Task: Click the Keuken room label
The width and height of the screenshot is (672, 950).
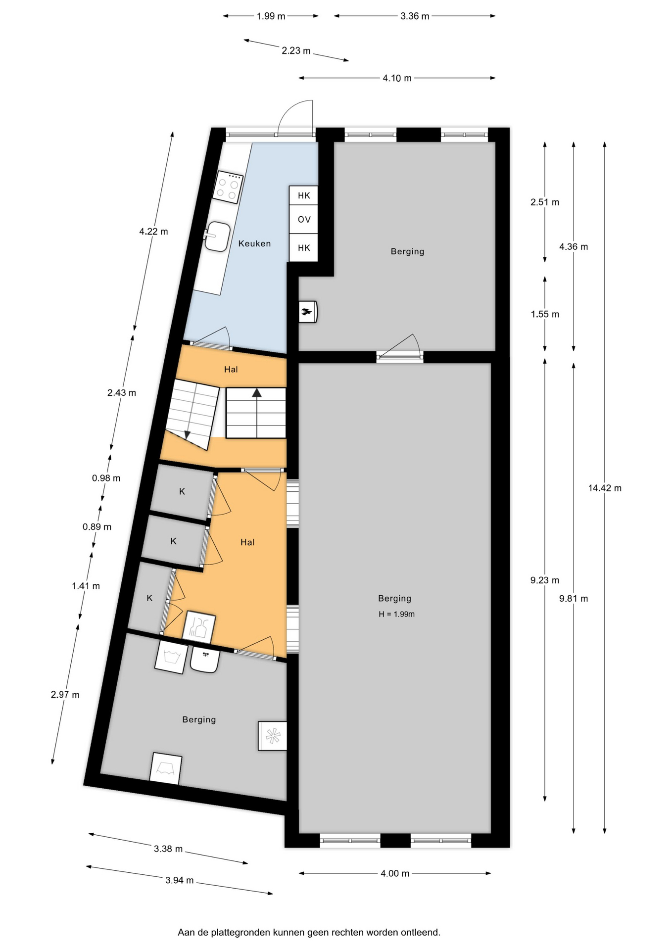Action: click(x=254, y=243)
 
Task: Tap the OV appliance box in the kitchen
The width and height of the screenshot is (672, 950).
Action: click(x=304, y=219)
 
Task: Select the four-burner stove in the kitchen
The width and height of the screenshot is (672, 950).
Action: click(x=228, y=187)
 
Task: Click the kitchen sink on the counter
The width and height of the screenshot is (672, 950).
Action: click(x=218, y=236)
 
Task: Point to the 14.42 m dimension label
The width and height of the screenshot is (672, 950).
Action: click(x=605, y=488)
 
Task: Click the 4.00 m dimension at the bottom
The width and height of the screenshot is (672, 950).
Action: click(x=395, y=873)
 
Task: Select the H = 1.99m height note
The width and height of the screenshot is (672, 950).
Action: click(x=397, y=614)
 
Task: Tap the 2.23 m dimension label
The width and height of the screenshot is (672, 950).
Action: click(x=296, y=50)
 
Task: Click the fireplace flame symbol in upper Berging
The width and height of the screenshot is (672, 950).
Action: click(x=307, y=312)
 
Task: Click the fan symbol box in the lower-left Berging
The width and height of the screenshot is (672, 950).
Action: click(x=272, y=736)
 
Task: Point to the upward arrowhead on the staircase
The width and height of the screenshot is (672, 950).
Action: click(x=256, y=393)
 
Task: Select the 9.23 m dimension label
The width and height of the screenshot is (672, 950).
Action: click(x=545, y=580)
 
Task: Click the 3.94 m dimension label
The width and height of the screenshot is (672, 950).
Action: click(x=180, y=880)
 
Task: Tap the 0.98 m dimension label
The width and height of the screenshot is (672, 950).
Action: click(x=106, y=478)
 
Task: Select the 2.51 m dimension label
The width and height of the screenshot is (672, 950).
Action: click(x=545, y=202)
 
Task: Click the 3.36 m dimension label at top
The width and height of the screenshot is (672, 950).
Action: click(x=415, y=16)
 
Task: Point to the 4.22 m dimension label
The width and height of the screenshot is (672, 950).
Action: click(x=153, y=231)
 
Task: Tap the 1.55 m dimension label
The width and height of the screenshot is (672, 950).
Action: click(x=545, y=314)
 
